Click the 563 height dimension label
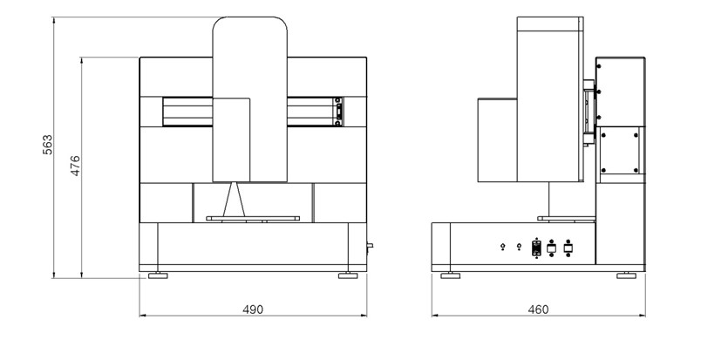[x=47, y=145]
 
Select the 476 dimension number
[x=75, y=166]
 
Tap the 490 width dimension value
[x=253, y=309]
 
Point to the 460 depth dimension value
[x=538, y=309]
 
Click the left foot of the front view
[x=158, y=275]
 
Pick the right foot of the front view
[x=348, y=275]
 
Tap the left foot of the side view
[x=450, y=275]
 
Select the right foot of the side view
[x=626, y=275]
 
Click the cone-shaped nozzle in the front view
[x=234, y=200]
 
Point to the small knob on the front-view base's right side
[x=370, y=246]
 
